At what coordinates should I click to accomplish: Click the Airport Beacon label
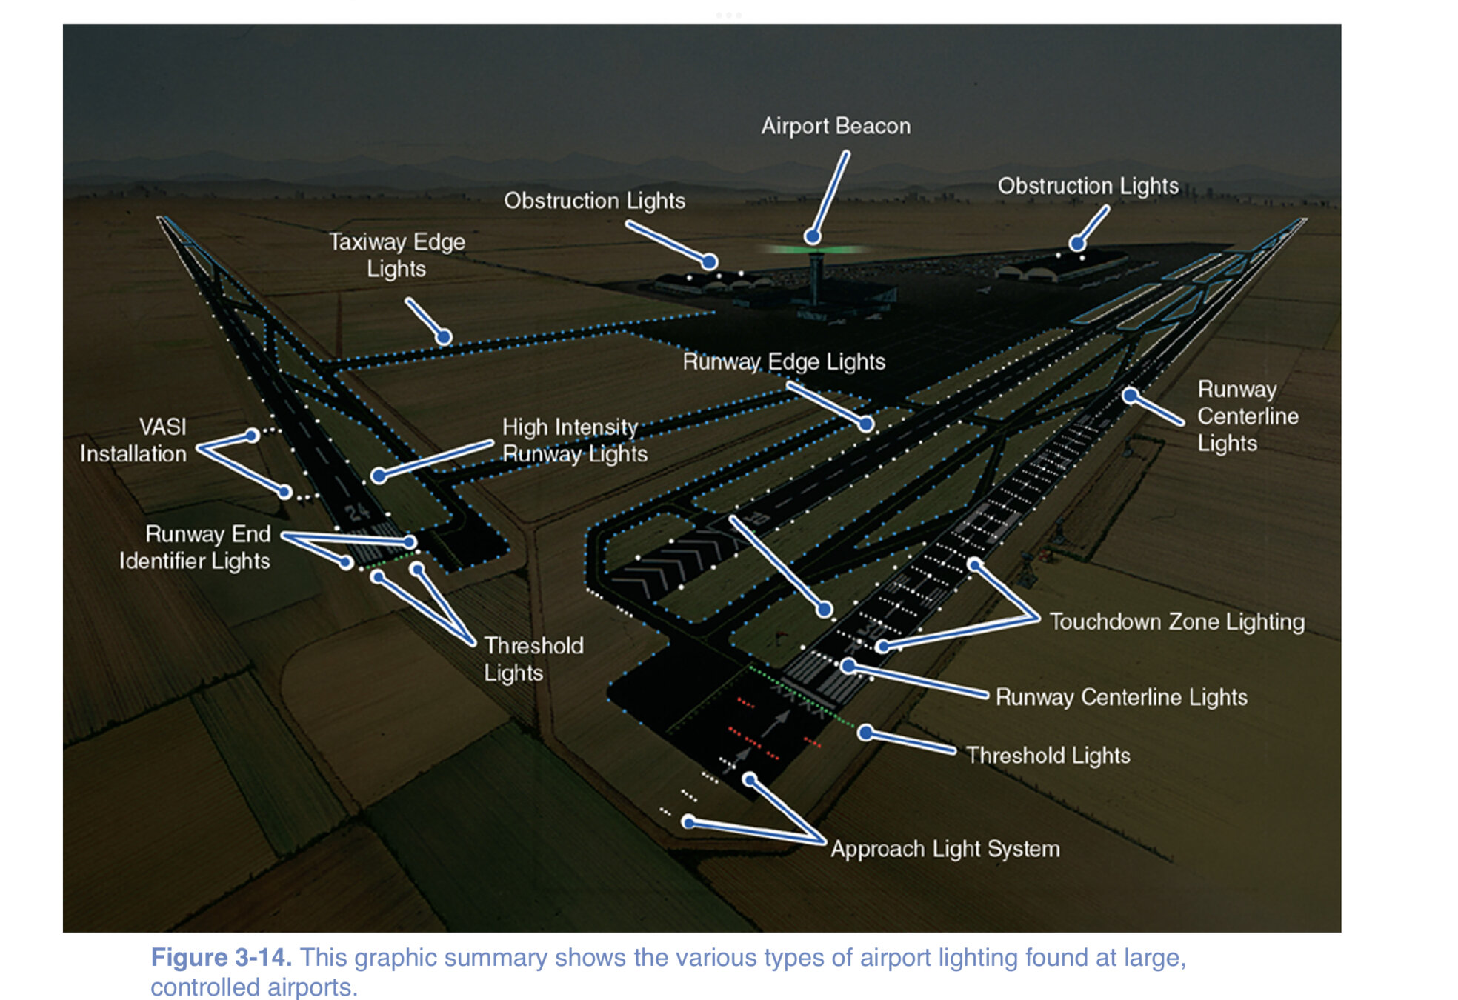[836, 126]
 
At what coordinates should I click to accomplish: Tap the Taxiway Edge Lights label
[397, 255]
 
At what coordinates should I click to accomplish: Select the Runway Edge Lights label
[784, 361]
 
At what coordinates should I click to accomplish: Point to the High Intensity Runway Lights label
[574, 440]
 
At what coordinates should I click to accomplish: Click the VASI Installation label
[133, 440]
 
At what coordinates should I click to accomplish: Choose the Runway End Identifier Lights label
[196, 547]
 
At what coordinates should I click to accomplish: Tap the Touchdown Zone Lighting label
[1176, 621]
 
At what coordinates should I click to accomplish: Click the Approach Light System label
[945, 848]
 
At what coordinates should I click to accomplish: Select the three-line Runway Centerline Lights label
[1248, 416]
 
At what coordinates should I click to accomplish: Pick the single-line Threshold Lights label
[1048, 756]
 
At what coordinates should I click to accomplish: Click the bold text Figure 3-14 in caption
[221, 957]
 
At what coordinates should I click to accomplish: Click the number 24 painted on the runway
[357, 512]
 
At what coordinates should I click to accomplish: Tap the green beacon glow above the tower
[815, 250]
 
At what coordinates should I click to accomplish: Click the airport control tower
[816, 278]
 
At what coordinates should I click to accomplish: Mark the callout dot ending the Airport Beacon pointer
[813, 237]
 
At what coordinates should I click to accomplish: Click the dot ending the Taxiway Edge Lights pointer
[444, 337]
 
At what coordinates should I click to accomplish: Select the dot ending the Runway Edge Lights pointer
[866, 424]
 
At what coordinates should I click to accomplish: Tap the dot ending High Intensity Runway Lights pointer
[379, 476]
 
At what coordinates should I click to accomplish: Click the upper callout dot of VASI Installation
[252, 435]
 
